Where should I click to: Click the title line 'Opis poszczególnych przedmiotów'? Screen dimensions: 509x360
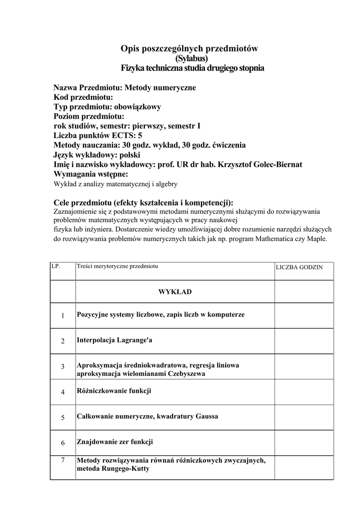(x=189, y=48)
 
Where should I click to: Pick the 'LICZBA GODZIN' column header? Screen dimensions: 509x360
(x=299, y=267)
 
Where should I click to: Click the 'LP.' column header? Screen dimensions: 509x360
(x=56, y=266)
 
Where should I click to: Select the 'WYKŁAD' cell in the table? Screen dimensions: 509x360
(x=175, y=292)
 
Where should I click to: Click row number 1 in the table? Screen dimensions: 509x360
(x=63, y=316)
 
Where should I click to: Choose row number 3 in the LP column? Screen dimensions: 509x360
(x=63, y=367)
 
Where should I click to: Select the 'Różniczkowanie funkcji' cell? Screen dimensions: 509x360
(x=114, y=391)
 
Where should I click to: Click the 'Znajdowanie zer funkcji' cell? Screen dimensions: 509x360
(x=114, y=441)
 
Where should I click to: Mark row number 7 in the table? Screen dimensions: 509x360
(x=63, y=460)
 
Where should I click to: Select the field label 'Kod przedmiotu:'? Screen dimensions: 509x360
(x=84, y=97)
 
